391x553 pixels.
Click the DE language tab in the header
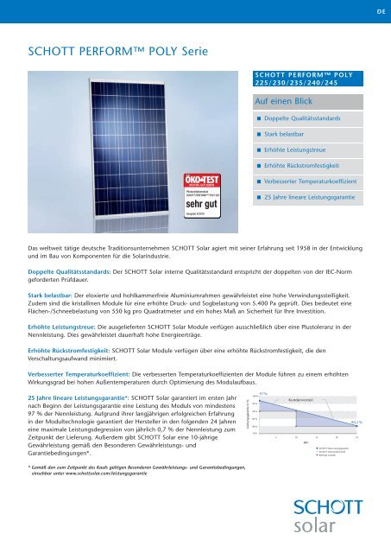click(377, 12)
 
